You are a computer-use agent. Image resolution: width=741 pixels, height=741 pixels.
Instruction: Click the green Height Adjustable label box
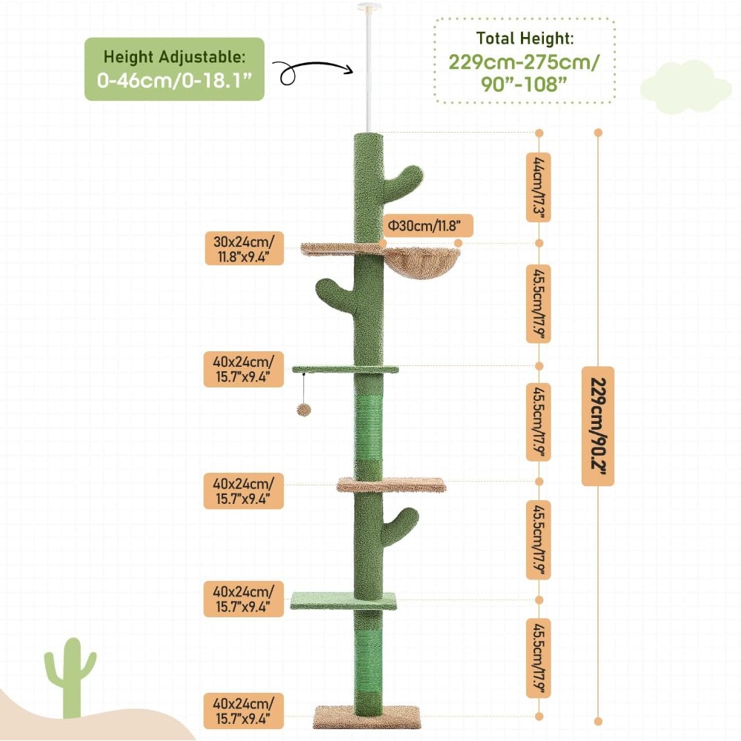174,69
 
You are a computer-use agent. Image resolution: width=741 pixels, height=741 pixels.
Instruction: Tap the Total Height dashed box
524,61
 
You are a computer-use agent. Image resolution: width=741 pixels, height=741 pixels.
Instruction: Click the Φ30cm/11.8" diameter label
425,225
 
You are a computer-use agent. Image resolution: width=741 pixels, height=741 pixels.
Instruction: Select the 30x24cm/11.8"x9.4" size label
245,249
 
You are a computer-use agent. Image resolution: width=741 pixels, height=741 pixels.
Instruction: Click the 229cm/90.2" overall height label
597,426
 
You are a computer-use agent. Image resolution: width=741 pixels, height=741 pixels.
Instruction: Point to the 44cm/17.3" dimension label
539,188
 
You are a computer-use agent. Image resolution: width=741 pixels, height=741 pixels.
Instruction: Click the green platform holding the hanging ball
345,369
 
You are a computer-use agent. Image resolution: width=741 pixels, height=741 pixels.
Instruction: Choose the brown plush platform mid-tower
391,485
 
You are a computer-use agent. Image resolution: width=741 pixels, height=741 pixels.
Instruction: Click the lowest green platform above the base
344,600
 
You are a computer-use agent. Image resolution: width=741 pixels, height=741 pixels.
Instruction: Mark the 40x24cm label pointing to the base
245,710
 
